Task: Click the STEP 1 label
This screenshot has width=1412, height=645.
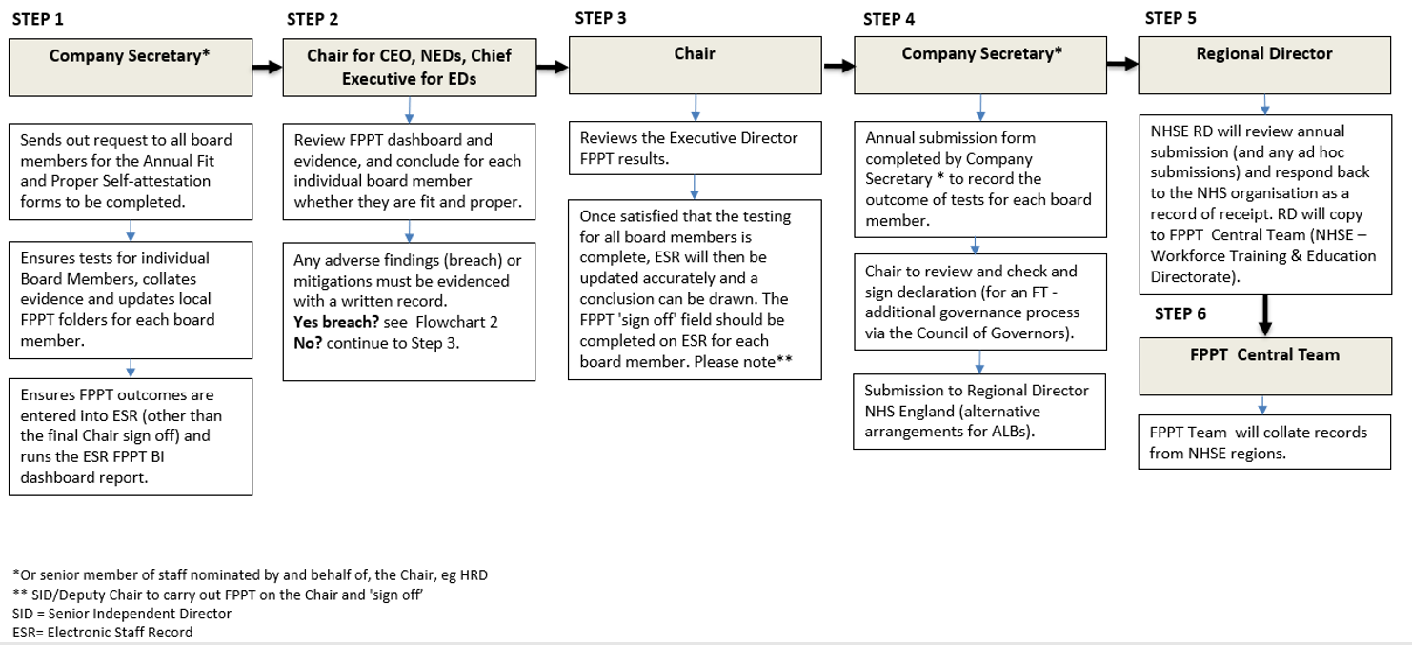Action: tap(38, 19)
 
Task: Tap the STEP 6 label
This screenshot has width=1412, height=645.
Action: tap(1180, 313)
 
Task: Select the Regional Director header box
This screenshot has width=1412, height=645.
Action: tap(1264, 65)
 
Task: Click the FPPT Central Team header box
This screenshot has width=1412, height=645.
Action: tap(1265, 366)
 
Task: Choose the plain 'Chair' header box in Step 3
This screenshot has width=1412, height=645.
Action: tap(696, 65)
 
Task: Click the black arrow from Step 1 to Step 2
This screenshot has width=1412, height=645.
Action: tap(268, 67)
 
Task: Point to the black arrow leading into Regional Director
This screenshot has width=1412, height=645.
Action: tap(1122, 64)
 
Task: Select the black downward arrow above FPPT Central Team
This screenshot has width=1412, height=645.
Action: tap(1264, 315)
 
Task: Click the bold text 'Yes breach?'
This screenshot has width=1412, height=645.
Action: tap(336, 322)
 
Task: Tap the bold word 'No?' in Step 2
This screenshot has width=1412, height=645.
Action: tap(308, 343)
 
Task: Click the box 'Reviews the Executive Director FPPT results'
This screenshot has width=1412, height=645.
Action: tap(696, 149)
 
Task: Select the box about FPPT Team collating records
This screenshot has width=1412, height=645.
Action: tap(1264, 442)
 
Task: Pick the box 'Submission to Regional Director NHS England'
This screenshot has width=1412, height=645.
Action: tap(979, 412)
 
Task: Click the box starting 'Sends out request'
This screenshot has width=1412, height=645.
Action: tap(131, 171)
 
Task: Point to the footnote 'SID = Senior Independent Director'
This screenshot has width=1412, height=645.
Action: tap(122, 614)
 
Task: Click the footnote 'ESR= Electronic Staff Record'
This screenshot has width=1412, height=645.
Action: tap(103, 633)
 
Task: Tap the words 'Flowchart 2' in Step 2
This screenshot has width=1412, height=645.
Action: tap(457, 322)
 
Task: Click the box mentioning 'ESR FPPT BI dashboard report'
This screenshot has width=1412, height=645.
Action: tap(131, 437)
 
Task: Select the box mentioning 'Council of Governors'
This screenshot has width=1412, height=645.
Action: tap(980, 302)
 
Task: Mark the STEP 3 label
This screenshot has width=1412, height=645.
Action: tap(600, 18)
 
